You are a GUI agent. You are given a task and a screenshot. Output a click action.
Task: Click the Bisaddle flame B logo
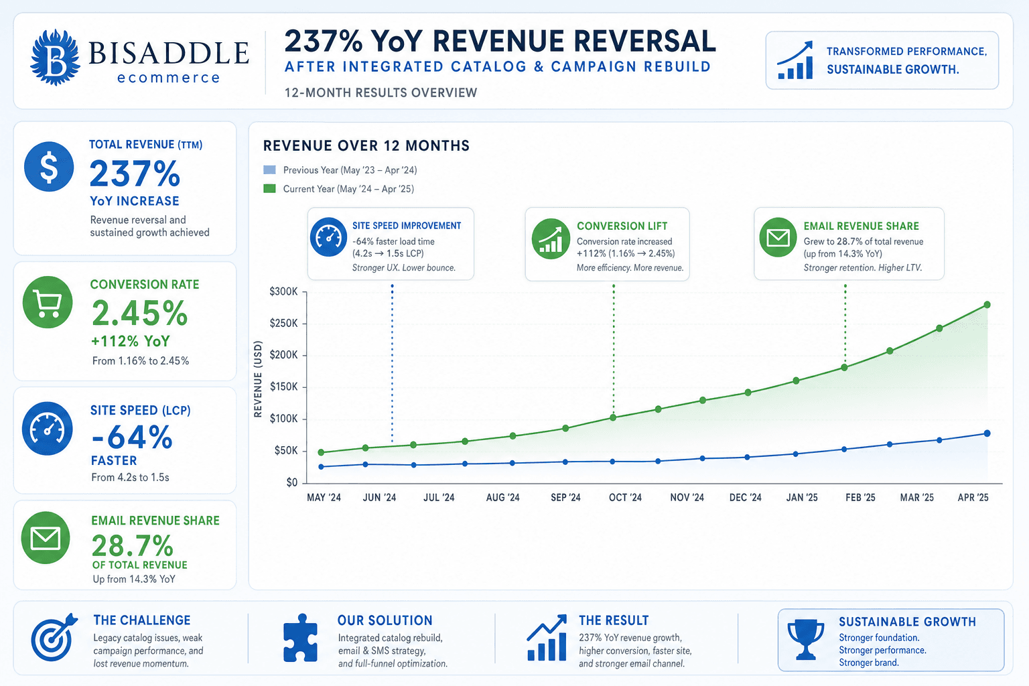55,58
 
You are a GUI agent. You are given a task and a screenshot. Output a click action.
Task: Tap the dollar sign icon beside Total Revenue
49,166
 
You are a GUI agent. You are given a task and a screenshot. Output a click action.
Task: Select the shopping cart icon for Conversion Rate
48,302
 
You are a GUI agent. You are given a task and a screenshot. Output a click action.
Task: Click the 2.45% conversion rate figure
139,314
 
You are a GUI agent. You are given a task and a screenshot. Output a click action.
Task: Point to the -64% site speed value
132,437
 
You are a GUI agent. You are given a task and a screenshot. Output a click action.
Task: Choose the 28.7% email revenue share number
132,546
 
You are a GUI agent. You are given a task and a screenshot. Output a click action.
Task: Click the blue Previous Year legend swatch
270,170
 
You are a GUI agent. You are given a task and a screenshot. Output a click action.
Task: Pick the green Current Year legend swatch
270,188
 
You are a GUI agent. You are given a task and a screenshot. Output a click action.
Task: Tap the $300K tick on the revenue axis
283,292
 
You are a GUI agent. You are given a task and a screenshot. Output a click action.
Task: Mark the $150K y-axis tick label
283,387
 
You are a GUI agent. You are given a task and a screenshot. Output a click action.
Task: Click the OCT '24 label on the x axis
625,498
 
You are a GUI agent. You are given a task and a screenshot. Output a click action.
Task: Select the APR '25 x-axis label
973,498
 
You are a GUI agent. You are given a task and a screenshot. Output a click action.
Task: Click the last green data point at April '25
987,305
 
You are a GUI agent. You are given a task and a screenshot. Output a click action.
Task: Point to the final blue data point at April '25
987,433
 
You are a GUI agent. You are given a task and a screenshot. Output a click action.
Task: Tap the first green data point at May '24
321,453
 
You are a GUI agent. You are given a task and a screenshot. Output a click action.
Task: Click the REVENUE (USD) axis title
258,379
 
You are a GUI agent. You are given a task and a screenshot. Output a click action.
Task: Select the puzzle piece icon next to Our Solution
300,638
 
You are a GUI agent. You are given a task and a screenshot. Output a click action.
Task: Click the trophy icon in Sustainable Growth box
805,640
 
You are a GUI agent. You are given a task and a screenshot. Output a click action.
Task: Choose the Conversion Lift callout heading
622,226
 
